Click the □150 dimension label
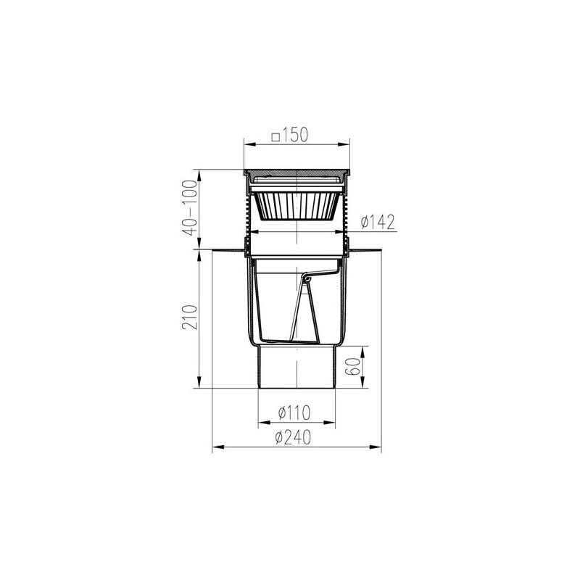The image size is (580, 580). point(289,135)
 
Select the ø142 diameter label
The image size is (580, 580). point(378,222)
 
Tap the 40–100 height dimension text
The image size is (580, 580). point(190,207)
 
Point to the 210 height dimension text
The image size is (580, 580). point(190,317)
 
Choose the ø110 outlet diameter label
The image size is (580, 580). point(294,413)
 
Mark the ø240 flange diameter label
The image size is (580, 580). point(294,438)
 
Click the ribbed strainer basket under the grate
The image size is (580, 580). point(297,206)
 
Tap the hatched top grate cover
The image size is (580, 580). point(297,173)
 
